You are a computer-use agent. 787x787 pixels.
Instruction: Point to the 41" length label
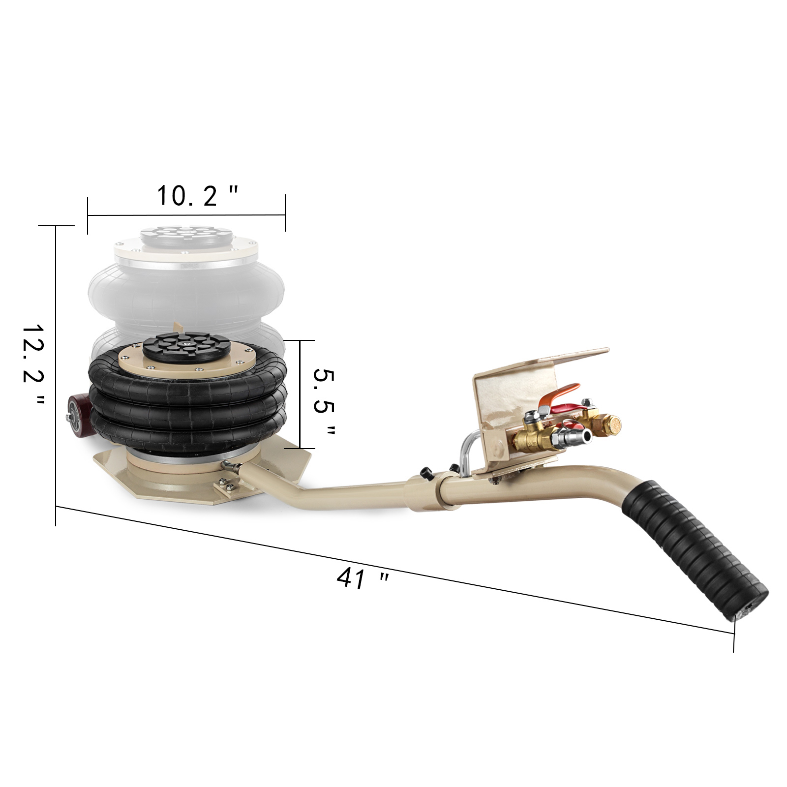click(363, 579)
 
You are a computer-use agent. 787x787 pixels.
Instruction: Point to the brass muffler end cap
click(611, 424)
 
